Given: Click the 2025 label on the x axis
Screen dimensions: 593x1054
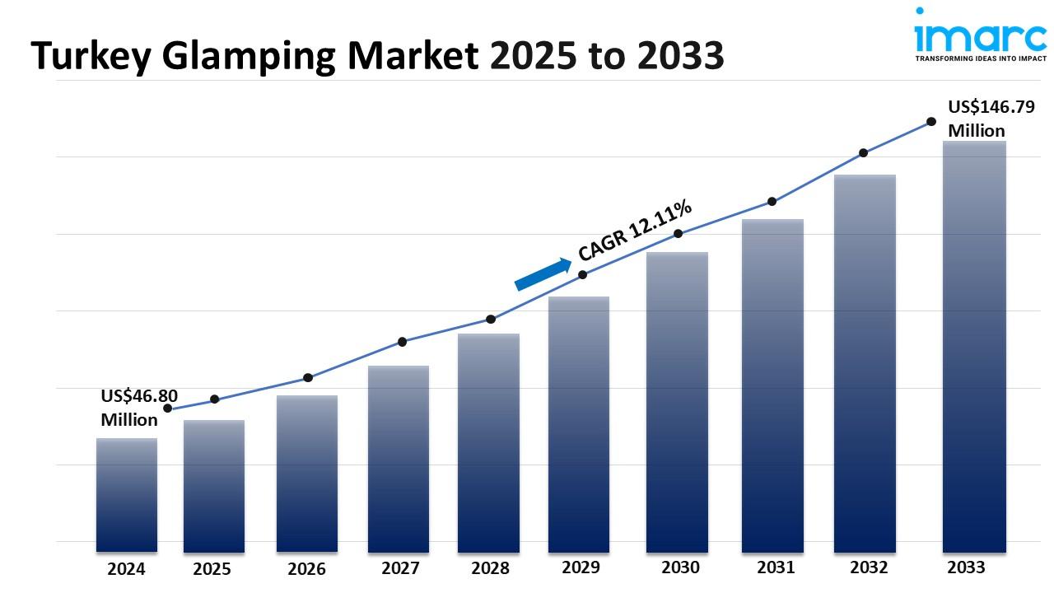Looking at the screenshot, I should coord(212,569).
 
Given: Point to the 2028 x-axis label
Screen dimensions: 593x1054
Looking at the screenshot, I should coord(490,568).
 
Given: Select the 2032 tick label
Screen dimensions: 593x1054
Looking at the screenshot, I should coord(869,567).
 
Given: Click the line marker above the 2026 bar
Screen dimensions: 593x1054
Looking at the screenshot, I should coord(308,377).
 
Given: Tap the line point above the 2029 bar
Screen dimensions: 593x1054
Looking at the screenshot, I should coord(582,274).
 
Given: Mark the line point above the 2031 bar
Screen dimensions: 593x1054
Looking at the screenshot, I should coord(772,201).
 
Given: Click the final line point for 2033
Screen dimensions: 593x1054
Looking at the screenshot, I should coord(931,121).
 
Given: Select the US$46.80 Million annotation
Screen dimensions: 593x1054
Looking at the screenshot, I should coord(139,408).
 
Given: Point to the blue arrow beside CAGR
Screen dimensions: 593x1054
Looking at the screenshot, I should coord(543,274).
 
